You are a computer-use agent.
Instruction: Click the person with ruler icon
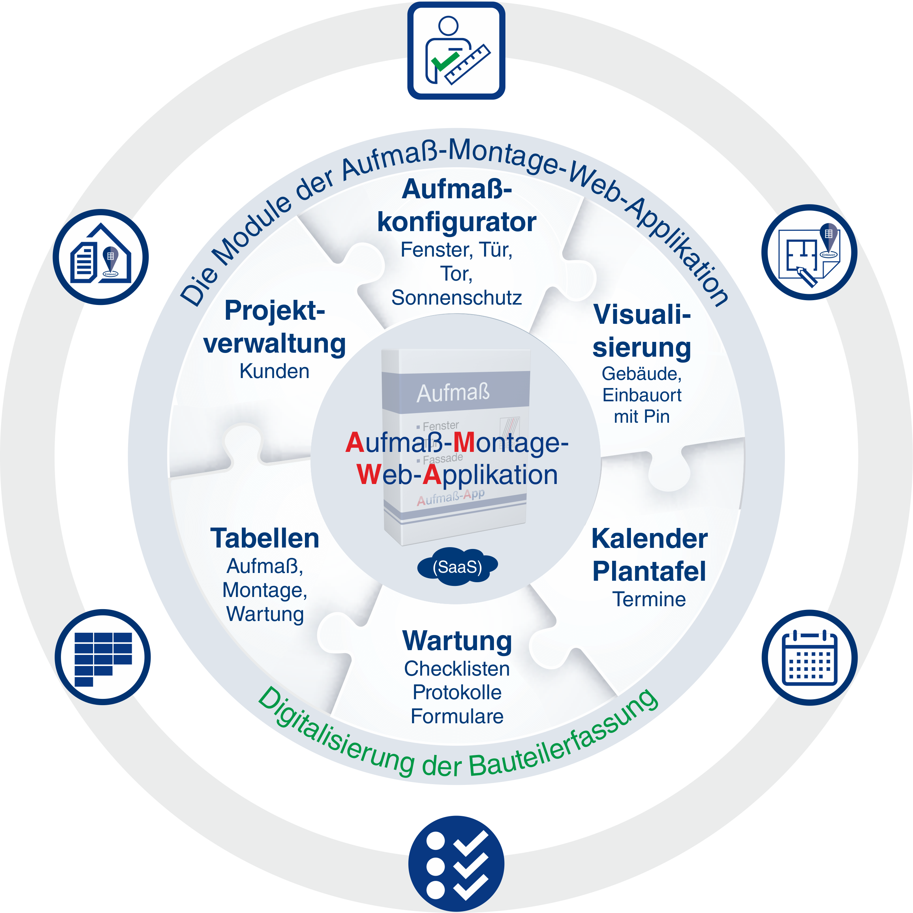click(x=456, y=51)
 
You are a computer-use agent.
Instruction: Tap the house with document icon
click(x=101, y=257)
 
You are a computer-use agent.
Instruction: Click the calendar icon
click(x=810, y=658)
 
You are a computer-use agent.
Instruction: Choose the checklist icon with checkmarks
click(x=456, y=864)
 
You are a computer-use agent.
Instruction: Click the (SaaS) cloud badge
click(x=457, y=567)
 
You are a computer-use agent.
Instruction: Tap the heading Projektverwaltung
click(x=275, y=327)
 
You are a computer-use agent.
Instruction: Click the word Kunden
click(x=275, y=371)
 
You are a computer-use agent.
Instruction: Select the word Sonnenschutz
click(x=456, y=298)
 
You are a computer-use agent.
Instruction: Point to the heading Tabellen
click(x=265, y=538)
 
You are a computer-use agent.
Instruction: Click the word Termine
click(x=649, y=599)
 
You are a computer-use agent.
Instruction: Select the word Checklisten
click(x=456, y=669)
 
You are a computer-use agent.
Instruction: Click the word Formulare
click(x=456, y=717)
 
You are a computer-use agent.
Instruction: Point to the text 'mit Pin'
click(x=641, y=417)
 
